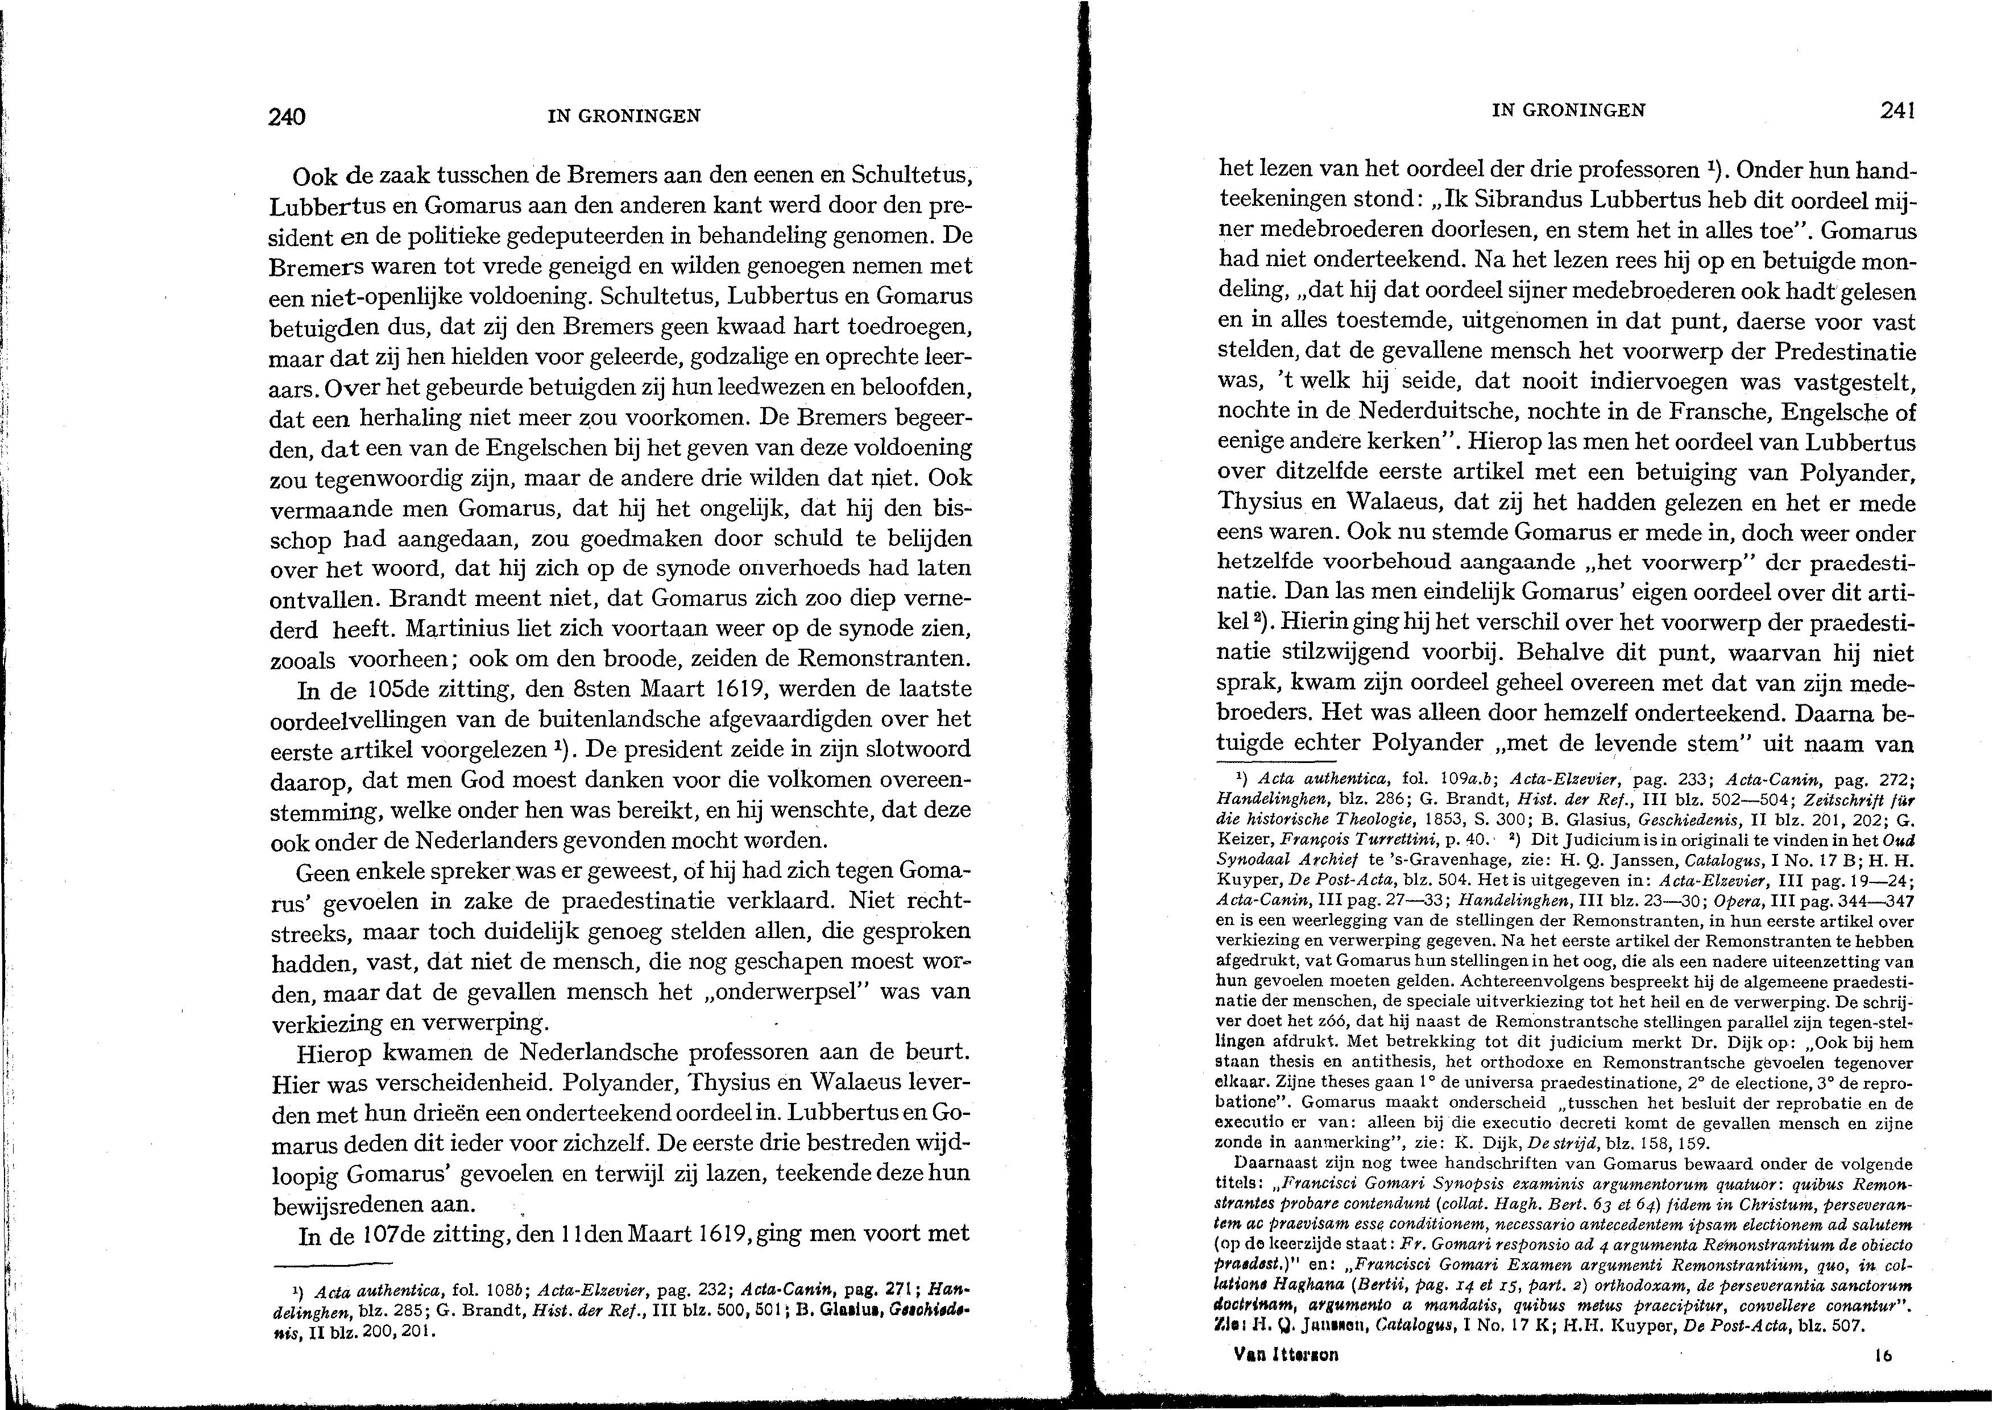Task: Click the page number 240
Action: [288, 117]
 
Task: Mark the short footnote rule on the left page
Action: [345, 1262]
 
